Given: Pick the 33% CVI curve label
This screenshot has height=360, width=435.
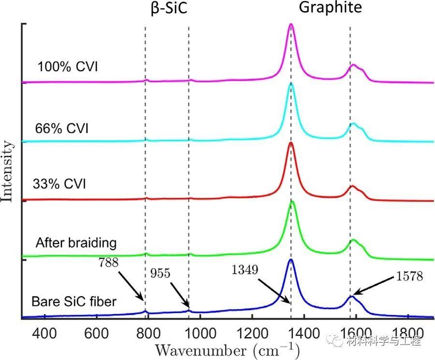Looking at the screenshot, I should (x=59, y=184).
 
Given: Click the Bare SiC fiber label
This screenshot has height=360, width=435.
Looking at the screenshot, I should (x=74, y=302).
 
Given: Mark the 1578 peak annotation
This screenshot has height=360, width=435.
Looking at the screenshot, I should (x=409, y=277).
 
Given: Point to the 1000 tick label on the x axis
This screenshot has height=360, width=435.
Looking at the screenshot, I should (x=200, y=334).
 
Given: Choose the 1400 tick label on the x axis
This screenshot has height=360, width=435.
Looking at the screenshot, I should (x=304, y=334).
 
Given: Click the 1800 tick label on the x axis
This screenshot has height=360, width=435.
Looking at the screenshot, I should (x=408, y=334).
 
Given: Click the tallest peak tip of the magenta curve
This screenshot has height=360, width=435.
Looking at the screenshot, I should (x=291, y=24).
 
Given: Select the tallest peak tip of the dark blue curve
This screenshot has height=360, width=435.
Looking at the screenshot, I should (x=291, y=260).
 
